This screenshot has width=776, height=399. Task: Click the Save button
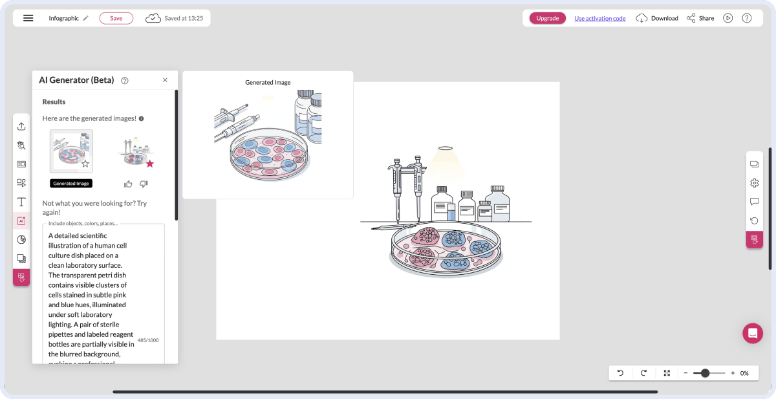[x=116, y=18]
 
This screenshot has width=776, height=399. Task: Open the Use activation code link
[x=599, y=18]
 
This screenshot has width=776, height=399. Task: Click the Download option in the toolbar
[x=657, y=18]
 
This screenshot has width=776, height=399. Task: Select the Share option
[x=700, y=18]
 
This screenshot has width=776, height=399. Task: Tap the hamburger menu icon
[x=28, y=18]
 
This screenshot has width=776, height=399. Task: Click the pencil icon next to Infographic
[x=86, y=18]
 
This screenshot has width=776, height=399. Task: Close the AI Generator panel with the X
[x=165, y=80]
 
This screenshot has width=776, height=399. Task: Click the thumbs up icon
[x=128, y=184]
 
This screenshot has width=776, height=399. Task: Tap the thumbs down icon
[x=144, y=184]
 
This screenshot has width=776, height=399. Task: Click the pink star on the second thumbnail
[x=150, y=164]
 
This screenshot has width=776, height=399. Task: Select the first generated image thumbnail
[x=71, y=151]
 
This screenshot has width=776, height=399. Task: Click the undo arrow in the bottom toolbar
[x=620, y=373]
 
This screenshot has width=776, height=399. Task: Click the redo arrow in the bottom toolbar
[x=643, y=373]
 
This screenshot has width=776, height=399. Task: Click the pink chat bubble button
[x=753, y=333]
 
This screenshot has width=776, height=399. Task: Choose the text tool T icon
[x=21, y=202]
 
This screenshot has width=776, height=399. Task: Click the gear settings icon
[x=754, y=183]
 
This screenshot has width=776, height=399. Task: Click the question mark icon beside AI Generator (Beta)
[x=125, y=81]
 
